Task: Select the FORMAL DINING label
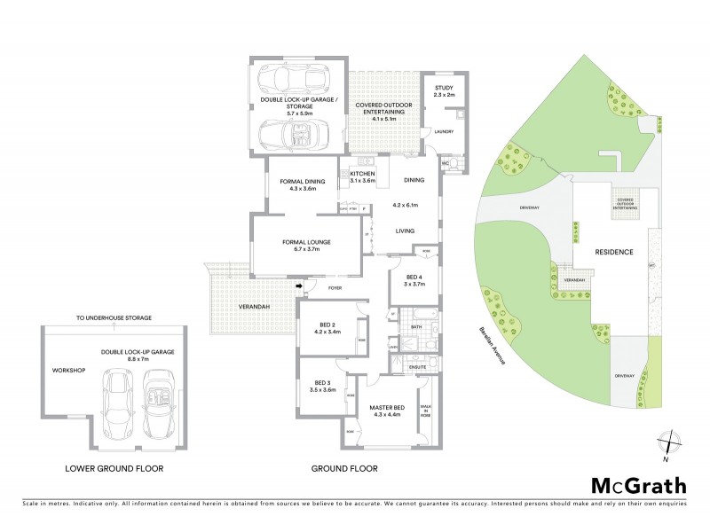tap(302, 184)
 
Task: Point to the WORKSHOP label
tap(67, 370)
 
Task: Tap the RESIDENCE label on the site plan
tap(613, 252)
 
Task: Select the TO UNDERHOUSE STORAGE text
tap(114, 317)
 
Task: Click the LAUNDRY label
tap(443, 132)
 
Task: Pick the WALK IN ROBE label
tap(425, 411)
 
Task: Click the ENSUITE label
tap(417, 365)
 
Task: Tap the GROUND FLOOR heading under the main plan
tap(344, 468)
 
